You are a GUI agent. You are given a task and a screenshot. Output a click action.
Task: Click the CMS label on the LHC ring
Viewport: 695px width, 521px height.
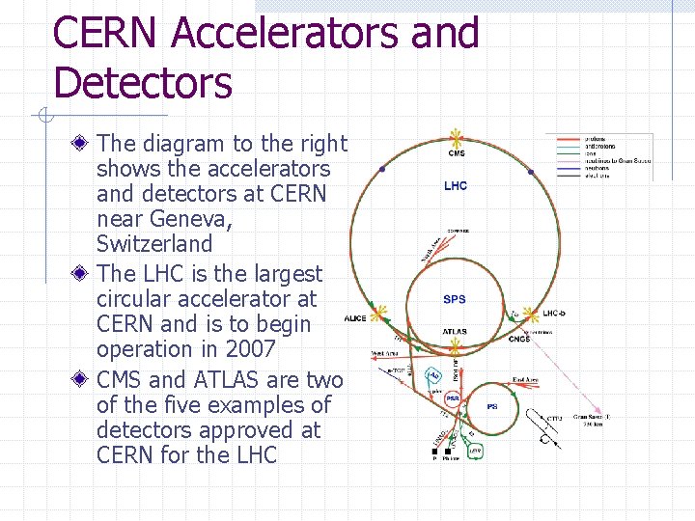click(456, 152)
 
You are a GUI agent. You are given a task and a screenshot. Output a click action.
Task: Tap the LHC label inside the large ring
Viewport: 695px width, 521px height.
click(456, 185)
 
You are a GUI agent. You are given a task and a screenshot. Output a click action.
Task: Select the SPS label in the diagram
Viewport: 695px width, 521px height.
click(455, 300)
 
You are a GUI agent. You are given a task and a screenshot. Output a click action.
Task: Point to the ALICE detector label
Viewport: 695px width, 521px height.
click(355, 318)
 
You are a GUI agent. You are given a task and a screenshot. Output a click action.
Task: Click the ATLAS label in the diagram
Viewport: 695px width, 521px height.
click(455, 332)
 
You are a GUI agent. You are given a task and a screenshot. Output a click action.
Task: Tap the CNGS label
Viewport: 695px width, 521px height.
click(519, 339)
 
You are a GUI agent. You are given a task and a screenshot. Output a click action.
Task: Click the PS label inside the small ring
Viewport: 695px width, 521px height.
click(492, 407)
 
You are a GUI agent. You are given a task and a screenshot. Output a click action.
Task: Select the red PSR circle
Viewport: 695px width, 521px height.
click(452, 398)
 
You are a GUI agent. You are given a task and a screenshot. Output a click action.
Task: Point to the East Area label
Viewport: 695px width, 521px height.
click(526, 379)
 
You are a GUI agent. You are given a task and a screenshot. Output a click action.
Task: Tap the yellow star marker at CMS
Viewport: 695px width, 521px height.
click(456, 138)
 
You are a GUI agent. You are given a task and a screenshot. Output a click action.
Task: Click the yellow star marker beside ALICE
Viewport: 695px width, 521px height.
click(379, 313)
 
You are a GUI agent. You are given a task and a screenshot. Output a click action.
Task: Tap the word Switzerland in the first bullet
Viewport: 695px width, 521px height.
click(154, 244)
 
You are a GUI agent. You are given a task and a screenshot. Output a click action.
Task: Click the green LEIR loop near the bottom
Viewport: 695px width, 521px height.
click(475, 450)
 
